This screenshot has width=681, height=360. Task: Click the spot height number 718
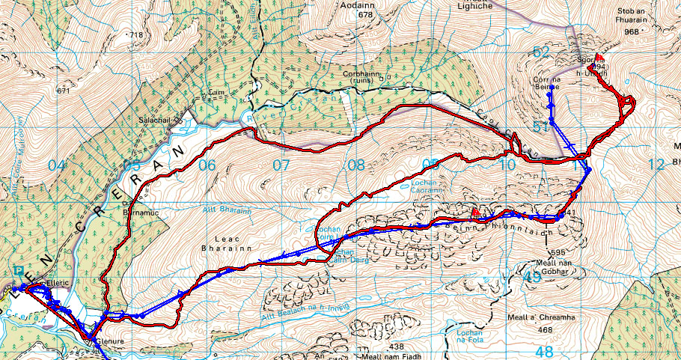tap(135, 35)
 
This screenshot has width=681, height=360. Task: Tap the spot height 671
tap(64, 91)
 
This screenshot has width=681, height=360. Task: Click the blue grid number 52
tap(542, 51)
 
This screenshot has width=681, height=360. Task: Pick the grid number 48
tap(544, 351)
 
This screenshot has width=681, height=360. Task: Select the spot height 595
tap(558, 252)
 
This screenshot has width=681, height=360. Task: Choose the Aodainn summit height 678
tap(365, 14)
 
